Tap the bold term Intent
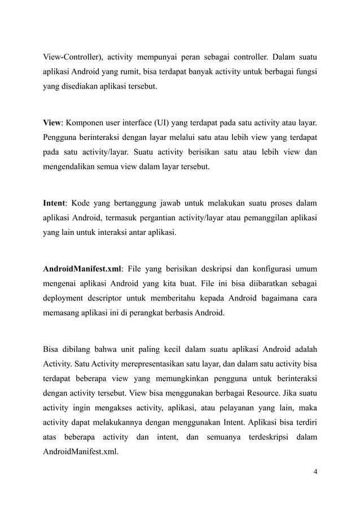click(54, 203)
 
